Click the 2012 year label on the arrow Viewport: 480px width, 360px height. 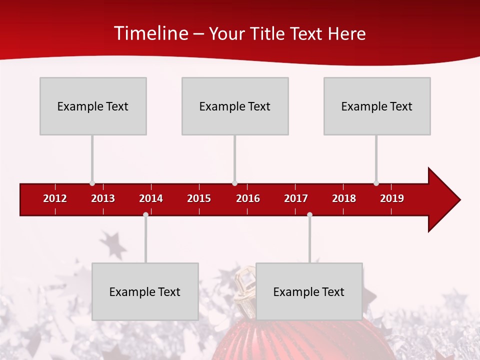[55, 198]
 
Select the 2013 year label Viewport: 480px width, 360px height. [103, 198]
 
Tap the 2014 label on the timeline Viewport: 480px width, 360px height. [151, 198]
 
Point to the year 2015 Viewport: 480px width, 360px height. [199, 198]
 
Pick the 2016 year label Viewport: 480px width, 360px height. [248, 198]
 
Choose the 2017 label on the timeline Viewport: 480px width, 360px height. [296, 198]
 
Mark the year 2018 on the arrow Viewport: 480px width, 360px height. [344, 198]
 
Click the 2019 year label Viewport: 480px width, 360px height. [392, 198]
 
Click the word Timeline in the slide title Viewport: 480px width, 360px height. [150, 33]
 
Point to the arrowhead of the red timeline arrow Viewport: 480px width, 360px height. [443, 199]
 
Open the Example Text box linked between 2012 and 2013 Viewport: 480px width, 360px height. [93, 106]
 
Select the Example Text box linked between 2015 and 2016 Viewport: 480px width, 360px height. [235, 106]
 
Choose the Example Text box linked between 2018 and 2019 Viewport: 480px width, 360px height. [377, 106]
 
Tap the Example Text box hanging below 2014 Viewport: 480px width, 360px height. [145, 291]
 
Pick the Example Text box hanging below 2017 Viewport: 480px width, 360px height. [309, 291]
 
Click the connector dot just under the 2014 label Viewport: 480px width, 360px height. [145, 215]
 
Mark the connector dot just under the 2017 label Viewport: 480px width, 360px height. [309, 215]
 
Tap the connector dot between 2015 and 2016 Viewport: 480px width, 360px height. [234, 183]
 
